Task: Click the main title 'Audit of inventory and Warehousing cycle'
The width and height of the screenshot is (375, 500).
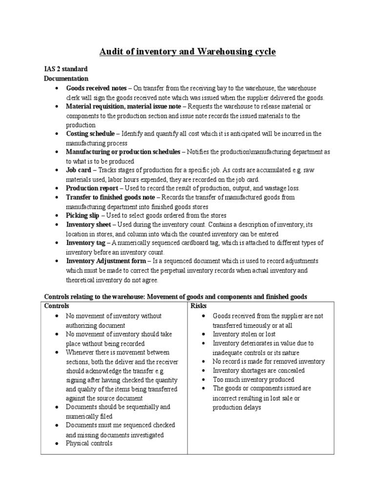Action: [187, 51]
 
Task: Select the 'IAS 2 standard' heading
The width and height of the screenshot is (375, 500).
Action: [66, 69]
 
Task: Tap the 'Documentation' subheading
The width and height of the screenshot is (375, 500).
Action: [66, 78]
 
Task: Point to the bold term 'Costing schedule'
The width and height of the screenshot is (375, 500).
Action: [90, 134]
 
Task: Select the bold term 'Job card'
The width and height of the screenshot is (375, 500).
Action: [79, 170]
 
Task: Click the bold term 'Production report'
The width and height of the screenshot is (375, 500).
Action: [92, 188]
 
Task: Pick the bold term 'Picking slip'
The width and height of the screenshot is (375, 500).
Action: [83, 215]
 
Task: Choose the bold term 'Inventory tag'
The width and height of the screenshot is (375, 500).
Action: [86, 243]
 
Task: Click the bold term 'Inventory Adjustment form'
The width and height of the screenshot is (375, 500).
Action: [106, 261]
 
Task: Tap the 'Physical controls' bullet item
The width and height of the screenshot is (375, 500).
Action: [89, 443]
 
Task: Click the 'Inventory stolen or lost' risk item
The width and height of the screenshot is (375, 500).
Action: [244, 334]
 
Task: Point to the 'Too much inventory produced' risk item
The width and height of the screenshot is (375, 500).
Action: [253, 379]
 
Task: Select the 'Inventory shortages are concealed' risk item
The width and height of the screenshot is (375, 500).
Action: [258, 371]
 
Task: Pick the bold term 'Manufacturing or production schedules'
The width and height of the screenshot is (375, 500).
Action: [123, 152]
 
